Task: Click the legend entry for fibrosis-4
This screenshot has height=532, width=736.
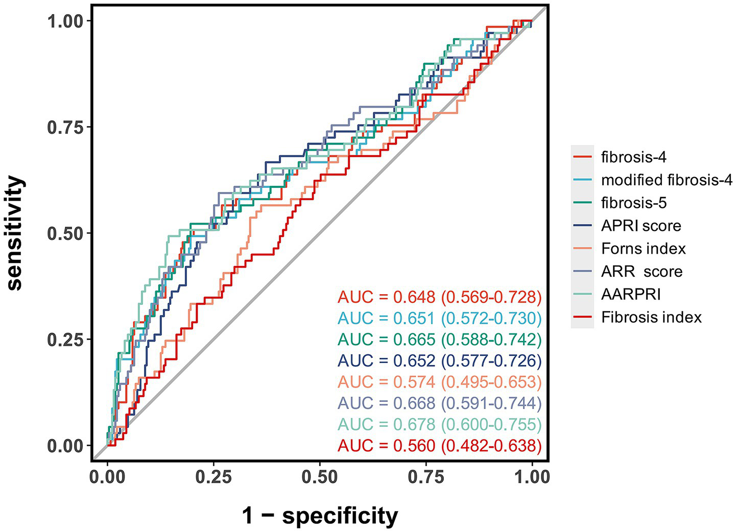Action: click(633, 157)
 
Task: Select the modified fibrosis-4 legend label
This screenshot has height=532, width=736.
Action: click(667, 180)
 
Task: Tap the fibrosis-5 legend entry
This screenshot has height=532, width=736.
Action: click(633, 203)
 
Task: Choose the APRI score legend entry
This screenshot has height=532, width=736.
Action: click(641, 226)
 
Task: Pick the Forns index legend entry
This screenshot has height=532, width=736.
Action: click(643, 249)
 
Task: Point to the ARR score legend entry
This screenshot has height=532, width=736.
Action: click(642, 272)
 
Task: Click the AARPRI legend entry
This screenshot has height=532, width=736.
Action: click(631, 295)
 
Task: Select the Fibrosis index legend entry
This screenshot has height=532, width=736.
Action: click(651, 318)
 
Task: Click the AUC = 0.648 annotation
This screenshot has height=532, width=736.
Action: click(439, 297)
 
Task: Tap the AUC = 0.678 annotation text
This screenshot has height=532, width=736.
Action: click(439, 424)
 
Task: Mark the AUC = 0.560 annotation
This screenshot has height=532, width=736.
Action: click(439, 446)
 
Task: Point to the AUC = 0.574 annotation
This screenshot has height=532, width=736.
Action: click(439, 382)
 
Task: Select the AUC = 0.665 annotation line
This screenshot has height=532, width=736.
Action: click(439, 339)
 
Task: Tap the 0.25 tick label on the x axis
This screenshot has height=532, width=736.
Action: click(213, 477)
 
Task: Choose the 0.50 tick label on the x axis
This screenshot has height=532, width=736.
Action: click(320, 477)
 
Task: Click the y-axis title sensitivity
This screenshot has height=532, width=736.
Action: click(15, 233)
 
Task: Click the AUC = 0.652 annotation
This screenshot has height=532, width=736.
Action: click(439, 360)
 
